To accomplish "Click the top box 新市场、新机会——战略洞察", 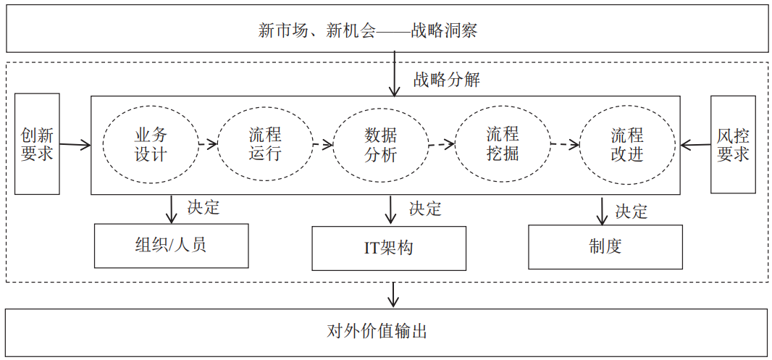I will [386, 29].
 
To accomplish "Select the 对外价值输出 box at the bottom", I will [386, 332].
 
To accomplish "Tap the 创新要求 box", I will [37, 144].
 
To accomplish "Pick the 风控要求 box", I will [732, 144].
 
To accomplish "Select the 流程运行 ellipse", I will [265, 145].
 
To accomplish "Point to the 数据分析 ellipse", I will [380, 145].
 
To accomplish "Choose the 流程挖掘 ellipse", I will [502, 144].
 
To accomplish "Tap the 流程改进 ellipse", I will [626, 145].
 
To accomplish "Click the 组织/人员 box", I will [171, 246].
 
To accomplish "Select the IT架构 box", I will [389, 248].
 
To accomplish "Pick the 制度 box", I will [605, 246].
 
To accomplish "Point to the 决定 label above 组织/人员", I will [203, 207].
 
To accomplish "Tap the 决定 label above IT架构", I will [424, 209].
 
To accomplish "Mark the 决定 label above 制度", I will [632, 212].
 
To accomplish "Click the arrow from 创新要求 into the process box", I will [75, 146].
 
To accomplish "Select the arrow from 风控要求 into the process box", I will [695, 146].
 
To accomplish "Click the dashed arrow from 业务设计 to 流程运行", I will [207, 144].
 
